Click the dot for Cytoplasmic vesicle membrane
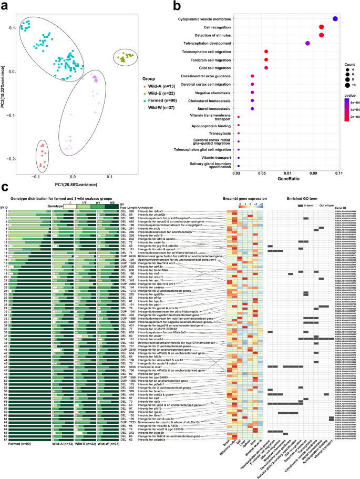click(335, 19)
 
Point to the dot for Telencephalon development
click(308, 43)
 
